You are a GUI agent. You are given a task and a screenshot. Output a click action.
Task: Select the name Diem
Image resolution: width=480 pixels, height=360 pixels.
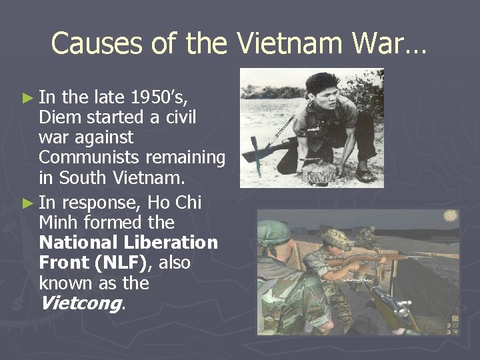click(59, 117)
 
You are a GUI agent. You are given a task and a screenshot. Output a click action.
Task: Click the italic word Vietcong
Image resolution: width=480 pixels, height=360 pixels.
click(79, 304)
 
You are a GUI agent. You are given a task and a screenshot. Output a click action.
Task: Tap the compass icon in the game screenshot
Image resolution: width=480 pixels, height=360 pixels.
click(451, 215)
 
